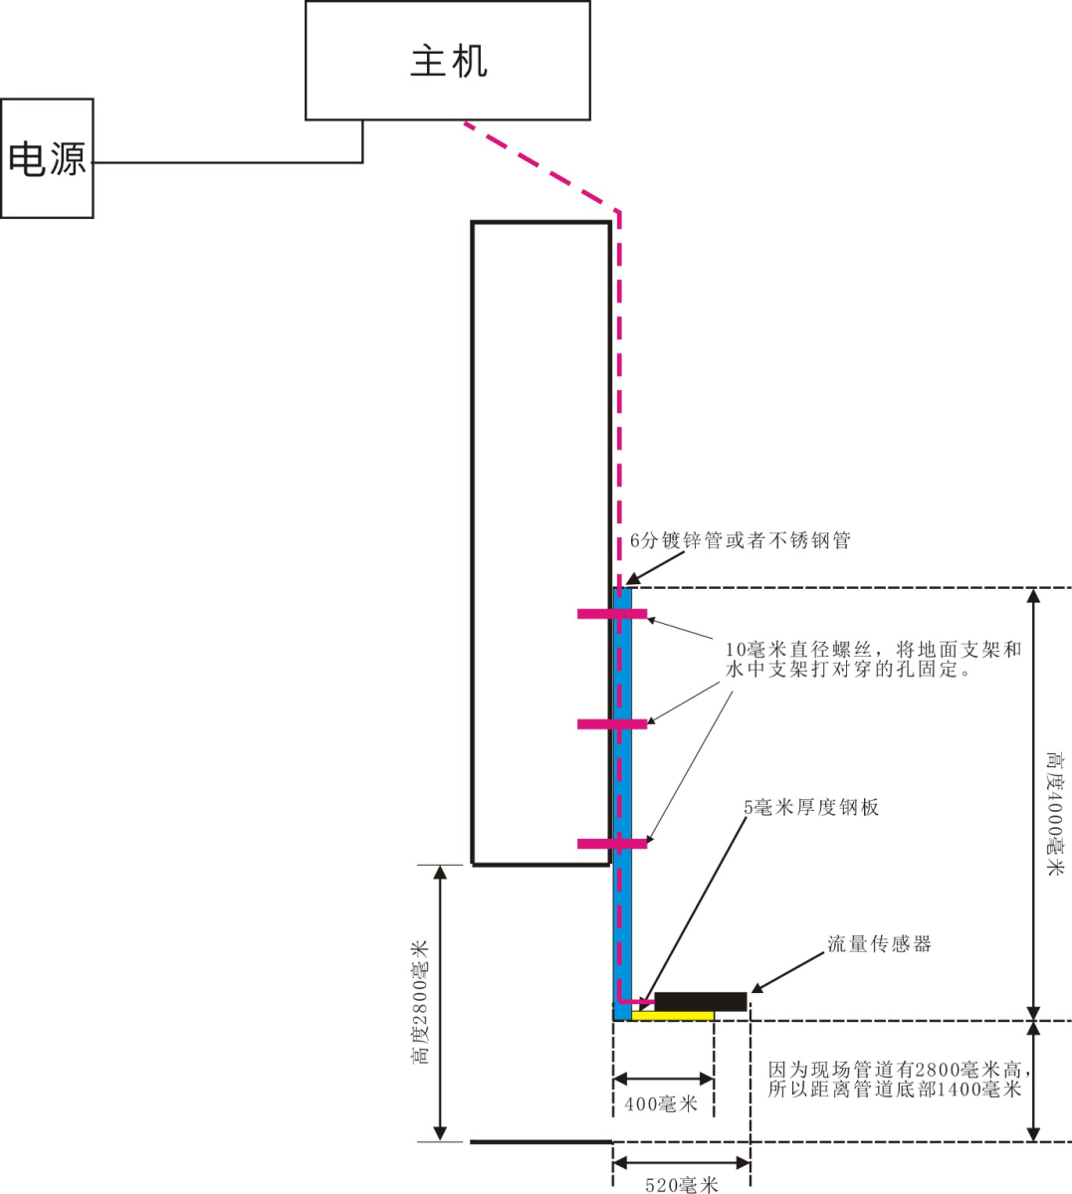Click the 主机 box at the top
pos(448,61)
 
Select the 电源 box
pos(47,158)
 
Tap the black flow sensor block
pos(700,1001)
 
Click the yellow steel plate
pos(673,1016)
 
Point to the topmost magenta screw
pos(612,614)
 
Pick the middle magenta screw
pos(612,724)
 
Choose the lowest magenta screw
pos(612,844)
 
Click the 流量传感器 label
pos(880,944)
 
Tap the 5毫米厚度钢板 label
pos(811,807)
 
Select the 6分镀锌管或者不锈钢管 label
pos(741,541)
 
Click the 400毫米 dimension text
pos(662,1103)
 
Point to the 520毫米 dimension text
pos(682,1185)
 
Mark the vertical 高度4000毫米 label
pos(1055,814)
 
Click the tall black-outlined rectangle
pos(540,543)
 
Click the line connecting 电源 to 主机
pos(229,162)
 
